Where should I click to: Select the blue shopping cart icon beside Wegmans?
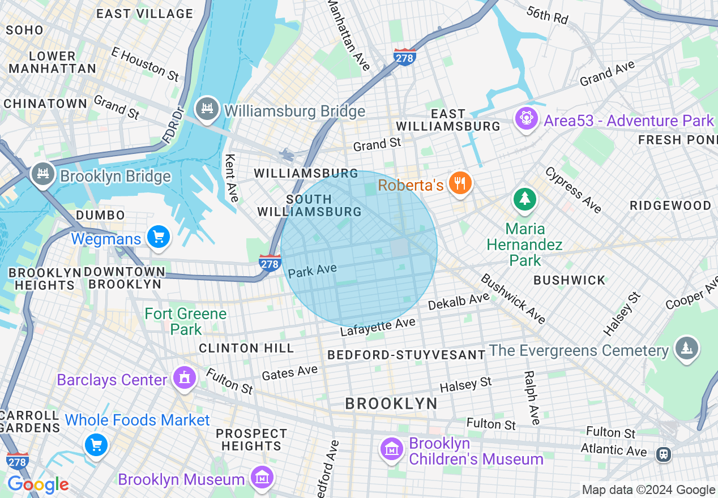pos(158,238)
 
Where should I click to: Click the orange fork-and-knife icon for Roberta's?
pos(460,184)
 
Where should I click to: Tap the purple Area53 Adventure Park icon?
pos(526,119)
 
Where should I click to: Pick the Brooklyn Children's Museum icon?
pos(392,450)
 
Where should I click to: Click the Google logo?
pos(37,484)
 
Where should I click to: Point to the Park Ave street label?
pos(312,270)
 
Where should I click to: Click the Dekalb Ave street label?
pos(458,301)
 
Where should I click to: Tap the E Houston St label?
pos(145,63)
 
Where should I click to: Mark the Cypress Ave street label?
pos(573,190)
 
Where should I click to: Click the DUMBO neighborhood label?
pos(100,215)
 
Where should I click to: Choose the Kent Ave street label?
pos(232,178)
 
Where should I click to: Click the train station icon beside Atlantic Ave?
pos(664,453)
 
